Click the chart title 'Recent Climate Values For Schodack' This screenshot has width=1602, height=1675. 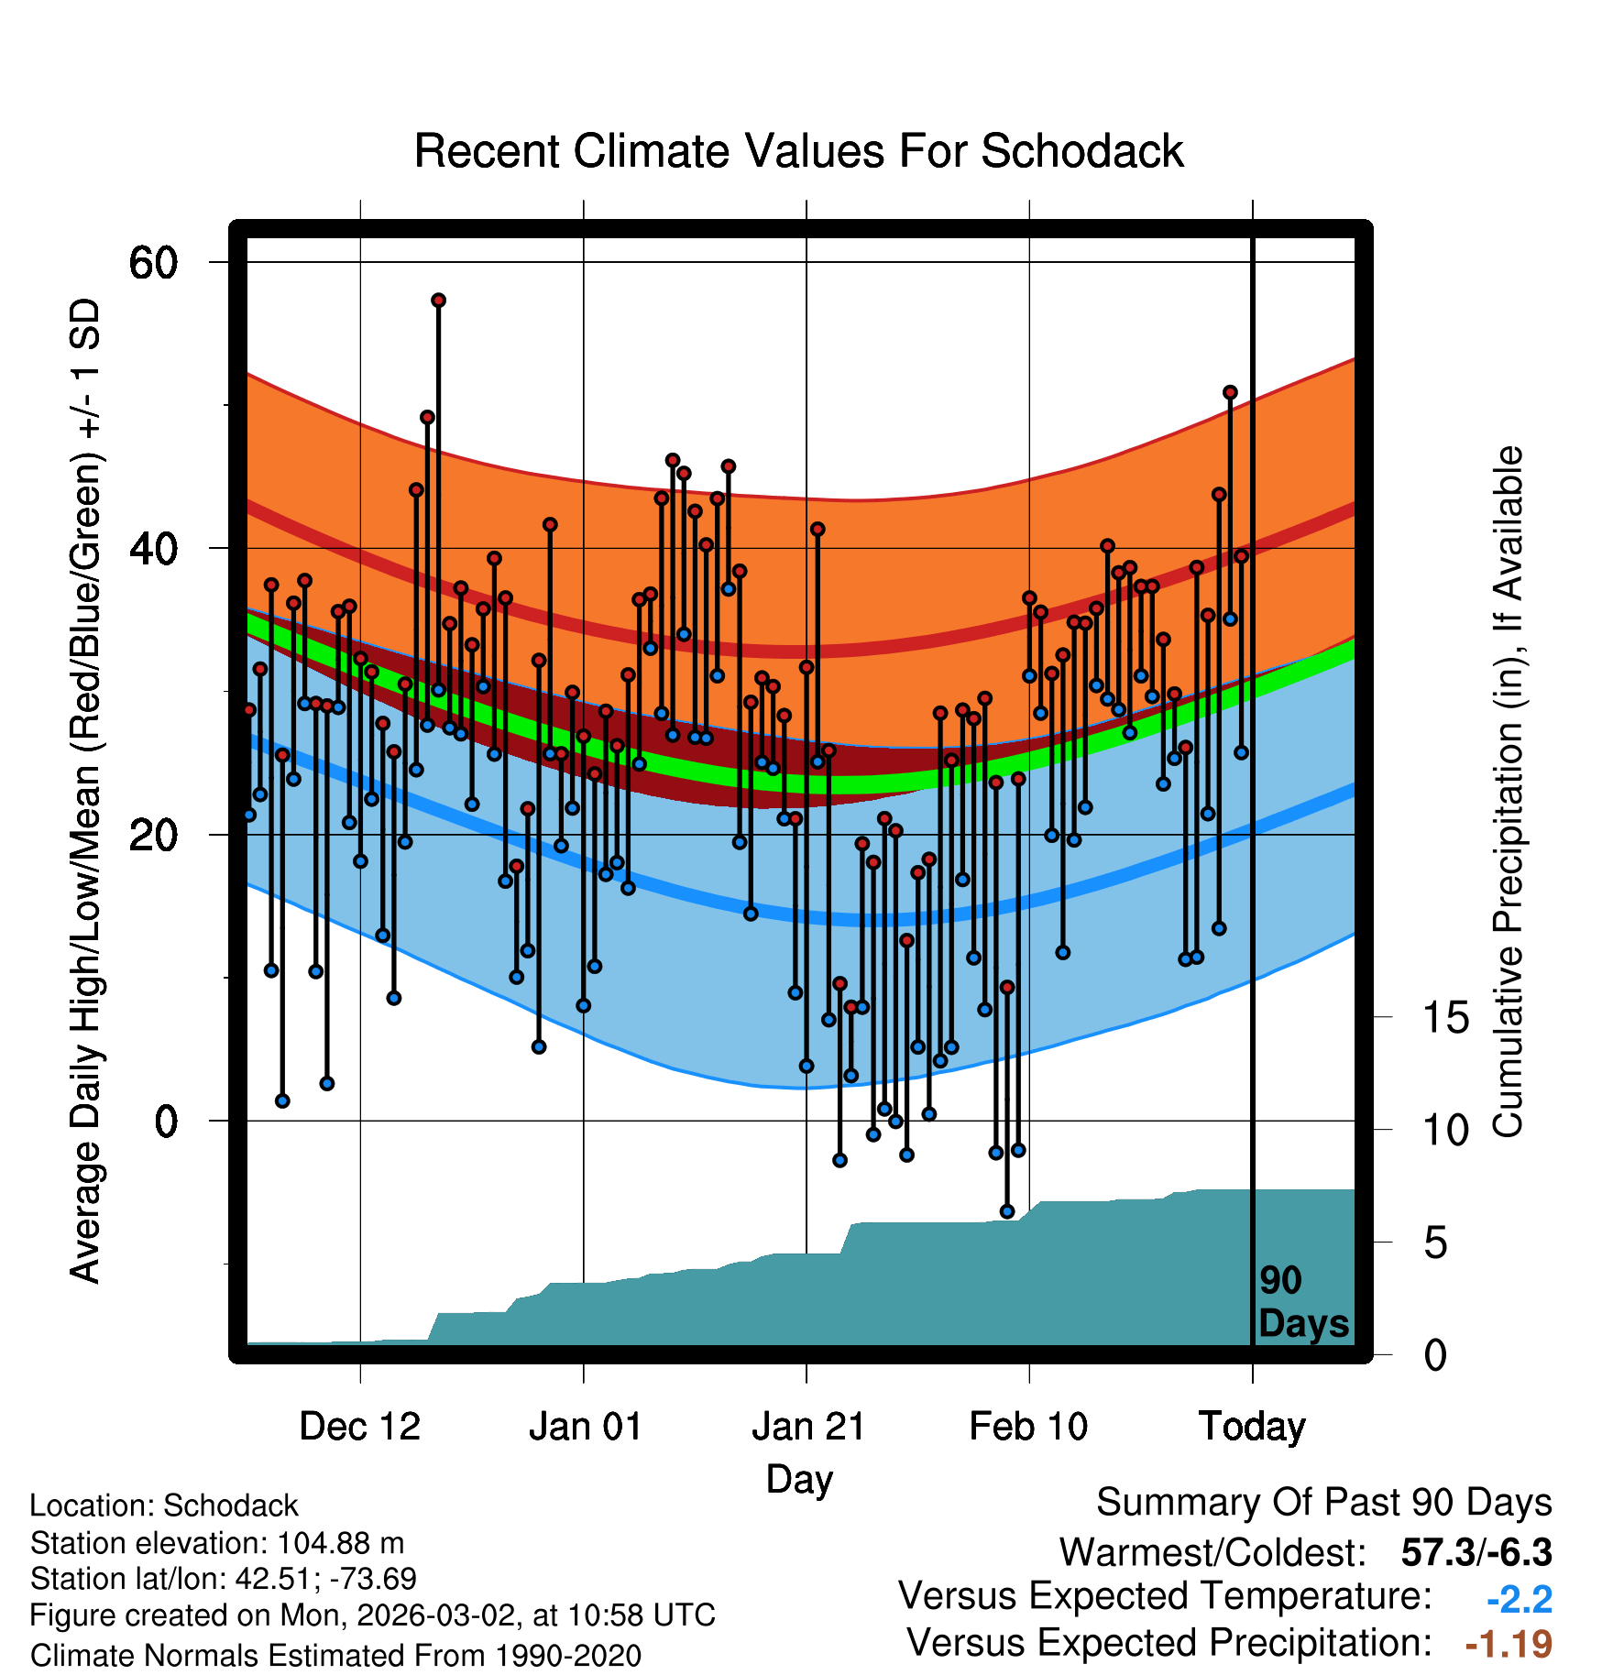(798, 151)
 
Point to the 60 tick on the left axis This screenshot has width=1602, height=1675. (153, 263)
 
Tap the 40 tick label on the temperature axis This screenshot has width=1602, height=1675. (153, 549)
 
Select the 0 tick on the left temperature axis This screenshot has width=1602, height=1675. (165, 1122)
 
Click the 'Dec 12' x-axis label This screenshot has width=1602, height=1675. (359, 1427)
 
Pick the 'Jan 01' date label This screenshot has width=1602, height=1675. (585, 1427)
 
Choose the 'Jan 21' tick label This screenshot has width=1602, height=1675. (808, 1427)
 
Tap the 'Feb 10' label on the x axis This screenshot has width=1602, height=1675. (1028, 1427)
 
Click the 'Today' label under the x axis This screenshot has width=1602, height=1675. (1252, 1427)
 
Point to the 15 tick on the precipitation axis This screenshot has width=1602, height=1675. (1445, 1018)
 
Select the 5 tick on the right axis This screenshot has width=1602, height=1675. (1435, 1243)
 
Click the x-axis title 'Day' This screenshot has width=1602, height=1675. (799, 1479)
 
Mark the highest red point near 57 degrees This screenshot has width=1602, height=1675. (438, 301)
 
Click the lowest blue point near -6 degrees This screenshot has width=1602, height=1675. (1007, 1211)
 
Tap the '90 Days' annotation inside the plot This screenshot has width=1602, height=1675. (1302, 1302)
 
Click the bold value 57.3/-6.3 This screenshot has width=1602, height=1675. (1476, 1552)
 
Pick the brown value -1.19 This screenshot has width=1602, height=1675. (1508, 1644)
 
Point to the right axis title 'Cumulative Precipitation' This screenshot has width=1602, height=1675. (1508, 793)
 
